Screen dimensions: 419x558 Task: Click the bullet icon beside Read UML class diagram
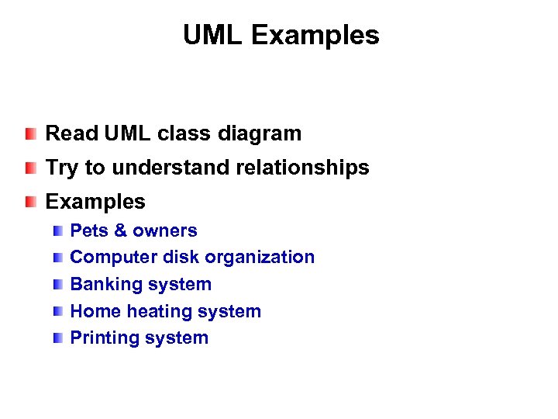29,133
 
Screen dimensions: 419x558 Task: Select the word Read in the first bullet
67,133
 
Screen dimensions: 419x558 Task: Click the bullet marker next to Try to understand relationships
29,168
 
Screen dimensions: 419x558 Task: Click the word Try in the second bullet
62,168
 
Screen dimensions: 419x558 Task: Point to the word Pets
88,230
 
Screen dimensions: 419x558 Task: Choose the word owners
165,230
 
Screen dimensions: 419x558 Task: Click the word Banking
100,284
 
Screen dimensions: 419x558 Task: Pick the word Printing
101,338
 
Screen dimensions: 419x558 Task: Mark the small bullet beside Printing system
59,338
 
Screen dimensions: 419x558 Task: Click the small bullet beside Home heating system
59,311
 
